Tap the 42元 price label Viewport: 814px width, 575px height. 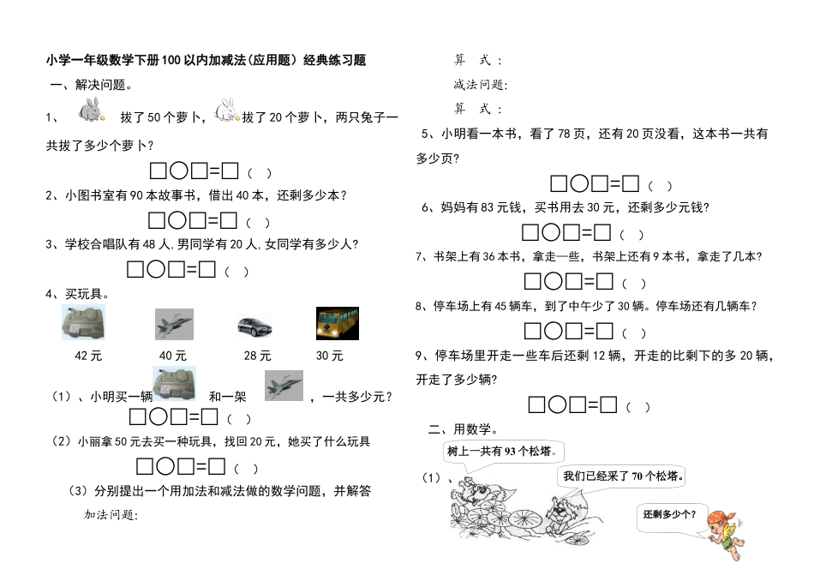tap(89, 355)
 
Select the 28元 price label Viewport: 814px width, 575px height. tap(257, 355)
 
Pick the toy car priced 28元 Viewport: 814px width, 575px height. tap(254, 326)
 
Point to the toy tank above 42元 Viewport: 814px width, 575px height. tap(84, 324)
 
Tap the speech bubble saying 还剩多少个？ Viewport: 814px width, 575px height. tap(670, 515)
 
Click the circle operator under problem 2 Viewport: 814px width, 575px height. tap(178, 221)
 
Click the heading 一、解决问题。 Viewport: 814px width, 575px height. tap(90, 85)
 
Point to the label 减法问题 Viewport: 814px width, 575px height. tap(480, 85)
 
